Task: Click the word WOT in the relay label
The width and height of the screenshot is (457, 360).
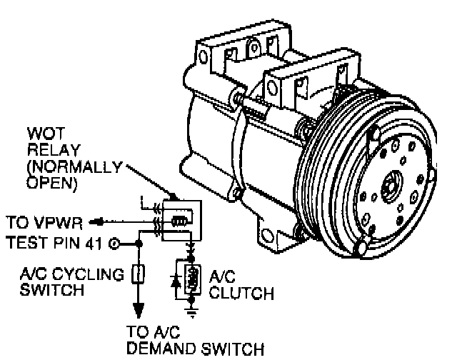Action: click(x=41, y=134)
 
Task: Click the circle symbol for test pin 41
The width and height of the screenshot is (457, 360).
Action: click(x=114, y=244)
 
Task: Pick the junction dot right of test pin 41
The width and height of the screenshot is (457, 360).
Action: click(x=140, y=244)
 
